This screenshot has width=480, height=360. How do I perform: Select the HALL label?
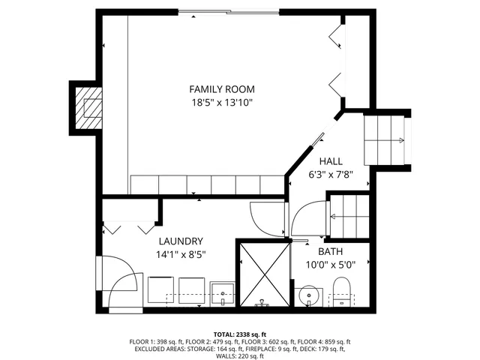click(331, 161)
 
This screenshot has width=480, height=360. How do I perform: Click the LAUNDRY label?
click(180, 241)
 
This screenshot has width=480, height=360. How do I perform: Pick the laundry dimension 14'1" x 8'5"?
click(180, 254)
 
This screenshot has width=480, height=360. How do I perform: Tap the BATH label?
click(330, 251)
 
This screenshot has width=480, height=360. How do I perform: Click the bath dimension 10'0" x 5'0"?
click(330, 264)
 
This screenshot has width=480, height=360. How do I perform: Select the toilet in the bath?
click(341, 292)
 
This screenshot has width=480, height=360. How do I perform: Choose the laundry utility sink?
click(223, 293)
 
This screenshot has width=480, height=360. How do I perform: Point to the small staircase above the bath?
click(349, 216)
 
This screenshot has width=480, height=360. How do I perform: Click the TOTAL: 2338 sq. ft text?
click(240, 334)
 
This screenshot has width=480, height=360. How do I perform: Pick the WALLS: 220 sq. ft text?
click(240, 356)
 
